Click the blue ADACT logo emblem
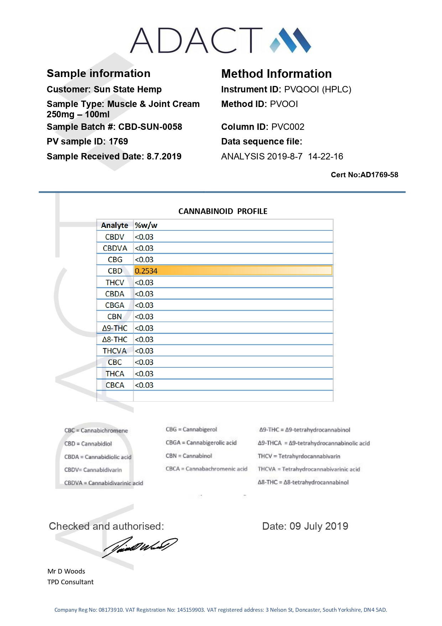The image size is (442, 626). click(290, 40)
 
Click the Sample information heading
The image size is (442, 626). click(98, 73)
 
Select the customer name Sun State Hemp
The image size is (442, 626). click(128, 89)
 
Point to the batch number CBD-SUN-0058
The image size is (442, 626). click(150, 127)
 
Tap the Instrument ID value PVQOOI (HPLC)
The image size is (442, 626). click(318, 89)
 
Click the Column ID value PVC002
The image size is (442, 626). click(288, 127)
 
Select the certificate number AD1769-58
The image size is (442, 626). click(379, 175)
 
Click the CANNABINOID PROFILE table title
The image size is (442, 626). click(223, 211)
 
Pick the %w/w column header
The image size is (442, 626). click(146, 225)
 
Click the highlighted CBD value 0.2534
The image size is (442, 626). click(146, 271)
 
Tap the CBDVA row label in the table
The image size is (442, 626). click(115, 248)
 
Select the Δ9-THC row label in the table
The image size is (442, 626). click(115, 328)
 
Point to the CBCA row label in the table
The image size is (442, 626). click(115, 385)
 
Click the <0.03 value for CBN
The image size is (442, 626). click(144, 317)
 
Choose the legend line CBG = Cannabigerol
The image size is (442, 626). click(191, 429)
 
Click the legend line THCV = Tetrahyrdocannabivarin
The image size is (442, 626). click(299, 456)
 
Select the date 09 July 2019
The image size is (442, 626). click(319, 526)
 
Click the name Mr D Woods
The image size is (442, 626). click(66, 571)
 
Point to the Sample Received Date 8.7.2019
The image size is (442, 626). click(164, 157)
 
